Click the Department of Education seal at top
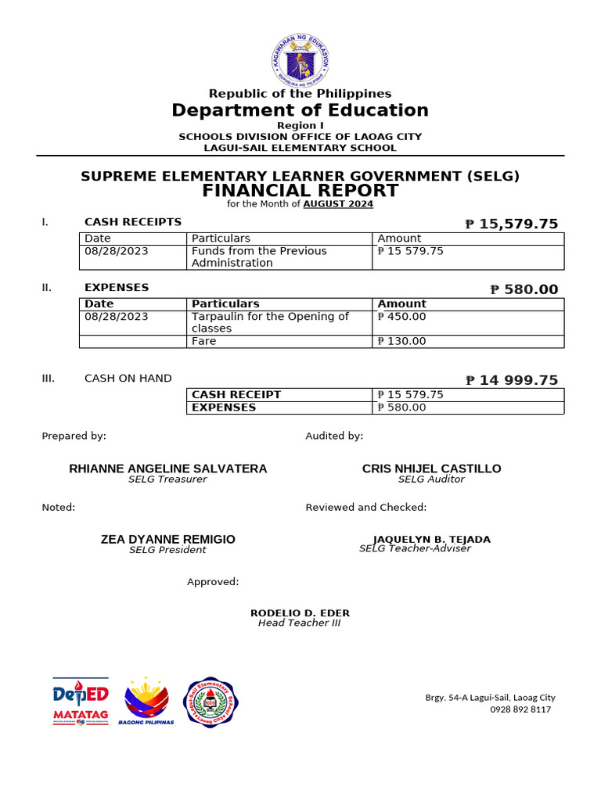click(x=300, y=60)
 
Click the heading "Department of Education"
click(x=300, y=110)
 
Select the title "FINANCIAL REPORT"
click(x=300, y=191)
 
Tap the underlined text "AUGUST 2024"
click(x=338, y=204)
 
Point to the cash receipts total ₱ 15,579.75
click(x=512, y=224)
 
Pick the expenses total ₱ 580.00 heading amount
click(x=524, y=289)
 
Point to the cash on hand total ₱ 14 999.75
click(x=512, y=380)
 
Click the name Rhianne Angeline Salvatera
click(x=168, y=469)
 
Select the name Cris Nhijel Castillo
click(x=431, y=469)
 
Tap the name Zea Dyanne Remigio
click(x=168, y=540)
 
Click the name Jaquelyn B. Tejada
click(x=431, y=540)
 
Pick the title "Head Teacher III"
click(x=300, y=623)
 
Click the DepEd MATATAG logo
click(x=81, y=701)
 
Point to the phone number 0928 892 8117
click(x=520, y=709)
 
